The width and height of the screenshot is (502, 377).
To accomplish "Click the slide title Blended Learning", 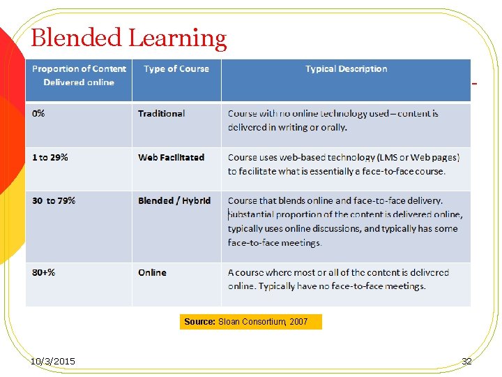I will point(129,38).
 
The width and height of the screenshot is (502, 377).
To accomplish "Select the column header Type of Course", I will point(176,68).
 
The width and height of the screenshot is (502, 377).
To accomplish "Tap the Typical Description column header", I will point(346,68).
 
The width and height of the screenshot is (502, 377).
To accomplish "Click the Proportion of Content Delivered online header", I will point(79,75).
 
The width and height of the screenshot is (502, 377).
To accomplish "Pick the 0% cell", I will point(38,113).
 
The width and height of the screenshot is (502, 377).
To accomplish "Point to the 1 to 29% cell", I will point(50,157).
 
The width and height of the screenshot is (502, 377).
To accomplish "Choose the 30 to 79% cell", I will point(54,200).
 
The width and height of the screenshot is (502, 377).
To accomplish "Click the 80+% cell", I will point(43,272).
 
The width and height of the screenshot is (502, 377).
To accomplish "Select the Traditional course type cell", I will point(161,113).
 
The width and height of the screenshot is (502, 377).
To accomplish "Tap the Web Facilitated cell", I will point(171,157).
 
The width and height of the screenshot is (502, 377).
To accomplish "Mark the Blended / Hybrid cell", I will point(174,200).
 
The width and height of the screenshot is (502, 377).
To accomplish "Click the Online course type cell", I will point(152,272).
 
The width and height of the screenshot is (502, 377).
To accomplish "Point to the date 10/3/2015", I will point(54,361).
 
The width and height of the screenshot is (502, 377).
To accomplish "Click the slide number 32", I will point(466,361).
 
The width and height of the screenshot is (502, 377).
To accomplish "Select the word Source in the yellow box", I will point(199,322).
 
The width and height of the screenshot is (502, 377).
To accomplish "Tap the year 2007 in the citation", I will point(298,322).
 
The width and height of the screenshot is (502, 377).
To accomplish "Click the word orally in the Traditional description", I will point(333,127).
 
